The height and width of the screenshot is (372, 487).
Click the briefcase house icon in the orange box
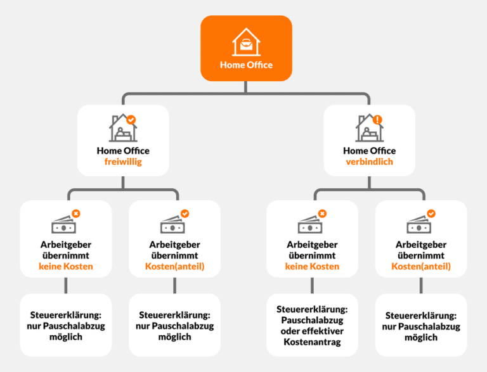click(246, 44)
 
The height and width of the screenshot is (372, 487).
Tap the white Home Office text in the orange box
click(246, 65)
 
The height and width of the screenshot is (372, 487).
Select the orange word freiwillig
click(123, 162)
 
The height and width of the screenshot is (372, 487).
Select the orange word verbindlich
click(369, 162)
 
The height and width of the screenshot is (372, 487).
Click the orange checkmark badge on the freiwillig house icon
click(131, 119)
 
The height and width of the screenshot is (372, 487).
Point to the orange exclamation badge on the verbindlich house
click(378, 119)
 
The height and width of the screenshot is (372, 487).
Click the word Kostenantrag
click(311, 342)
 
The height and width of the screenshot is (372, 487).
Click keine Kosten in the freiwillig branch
click(66, 266)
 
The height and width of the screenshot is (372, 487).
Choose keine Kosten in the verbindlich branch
click(312, 266)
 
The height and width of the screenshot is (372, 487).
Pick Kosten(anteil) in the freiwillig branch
click(174, 266)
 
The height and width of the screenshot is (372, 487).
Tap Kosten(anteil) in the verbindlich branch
click(420, 266)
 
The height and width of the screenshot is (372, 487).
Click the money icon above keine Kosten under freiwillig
click(64, 224)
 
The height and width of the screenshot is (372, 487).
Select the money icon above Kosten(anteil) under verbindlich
click(419, 224)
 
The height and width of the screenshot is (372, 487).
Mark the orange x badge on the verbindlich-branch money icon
click(322, 214)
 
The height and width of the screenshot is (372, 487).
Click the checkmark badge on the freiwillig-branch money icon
click(185, 214)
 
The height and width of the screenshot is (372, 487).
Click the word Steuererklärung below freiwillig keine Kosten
click(65, 315)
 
